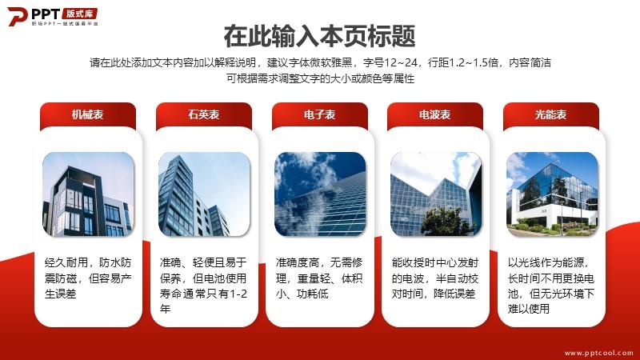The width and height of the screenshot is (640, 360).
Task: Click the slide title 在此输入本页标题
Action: click(319, 36)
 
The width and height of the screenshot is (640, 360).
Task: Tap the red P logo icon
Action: click(17, 16)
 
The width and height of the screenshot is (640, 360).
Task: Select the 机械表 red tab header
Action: click(88, 115)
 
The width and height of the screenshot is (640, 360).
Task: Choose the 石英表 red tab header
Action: click(204, 115)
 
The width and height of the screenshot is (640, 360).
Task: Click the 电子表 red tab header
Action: click(319, 115)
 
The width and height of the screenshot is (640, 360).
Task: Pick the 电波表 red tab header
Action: click(435, 115)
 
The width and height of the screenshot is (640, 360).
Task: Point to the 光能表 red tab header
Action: click(551, 115)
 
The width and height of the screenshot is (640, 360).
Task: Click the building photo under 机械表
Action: click(88, 194)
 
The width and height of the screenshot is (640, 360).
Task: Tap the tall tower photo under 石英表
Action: click(204, 194)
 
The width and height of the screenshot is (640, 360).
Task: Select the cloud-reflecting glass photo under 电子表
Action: click(320, 194)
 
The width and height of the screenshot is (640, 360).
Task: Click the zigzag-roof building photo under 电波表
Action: click(436, 194)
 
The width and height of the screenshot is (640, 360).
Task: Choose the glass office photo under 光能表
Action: click(552, 194)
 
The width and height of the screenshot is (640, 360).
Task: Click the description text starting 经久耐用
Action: click(88, 278)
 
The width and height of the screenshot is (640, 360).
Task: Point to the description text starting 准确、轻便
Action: click(203, 286)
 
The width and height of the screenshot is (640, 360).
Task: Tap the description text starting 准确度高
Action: click(319, 278)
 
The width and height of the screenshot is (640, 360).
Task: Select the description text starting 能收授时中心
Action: click(434, 278)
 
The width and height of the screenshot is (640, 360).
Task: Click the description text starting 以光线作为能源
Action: click(551, 286)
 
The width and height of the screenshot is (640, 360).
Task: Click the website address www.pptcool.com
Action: click(598, 353)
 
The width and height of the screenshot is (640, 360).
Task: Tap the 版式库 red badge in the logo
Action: click(80, 14)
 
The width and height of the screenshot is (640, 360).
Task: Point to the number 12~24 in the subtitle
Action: click(402, 62)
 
